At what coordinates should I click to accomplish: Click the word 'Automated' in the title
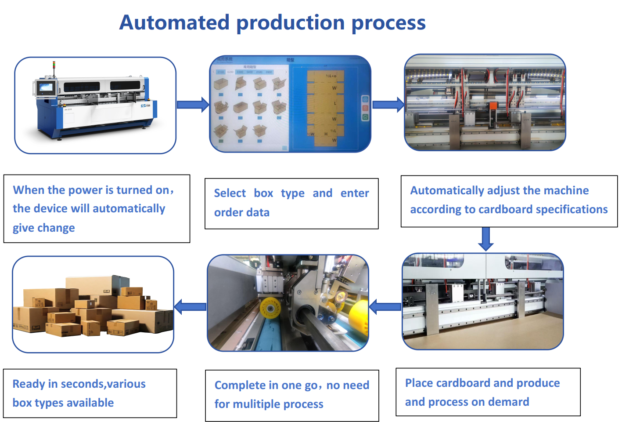click(174, 22)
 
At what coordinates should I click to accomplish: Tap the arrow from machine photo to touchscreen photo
click(192, 105)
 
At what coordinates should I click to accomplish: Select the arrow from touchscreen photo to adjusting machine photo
click(388, 105)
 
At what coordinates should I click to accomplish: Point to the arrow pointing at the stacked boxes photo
click(190, 306)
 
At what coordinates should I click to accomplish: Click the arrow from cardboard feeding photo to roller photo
click(385, 307)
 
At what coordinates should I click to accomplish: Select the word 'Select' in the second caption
click(230, 193)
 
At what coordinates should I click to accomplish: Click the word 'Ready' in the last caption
click(29, 384)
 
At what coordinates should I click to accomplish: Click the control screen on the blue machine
click(46, 87)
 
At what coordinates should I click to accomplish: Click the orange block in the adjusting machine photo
click(493, 106)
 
